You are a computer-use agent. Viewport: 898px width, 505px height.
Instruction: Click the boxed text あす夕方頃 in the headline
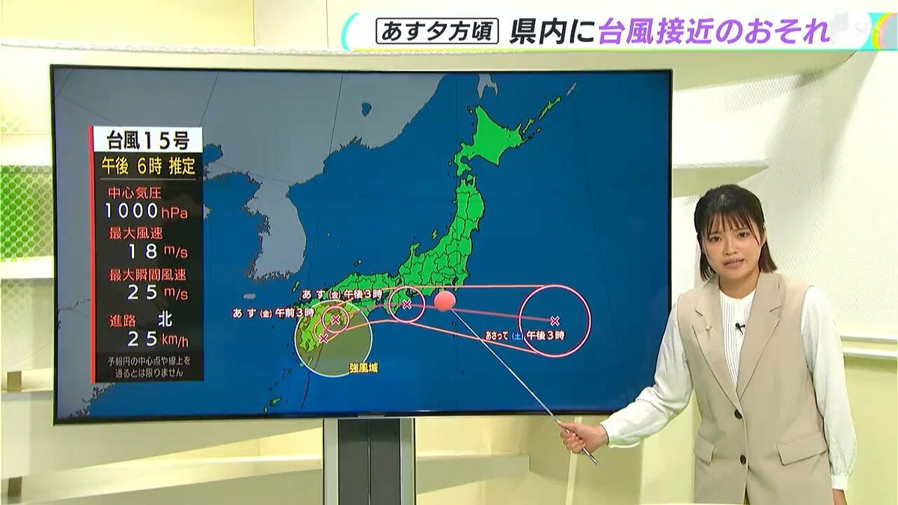[437, 31]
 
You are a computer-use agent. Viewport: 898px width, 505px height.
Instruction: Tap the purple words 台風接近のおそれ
[714, 32]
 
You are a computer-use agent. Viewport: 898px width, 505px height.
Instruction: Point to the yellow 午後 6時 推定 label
[147, 166]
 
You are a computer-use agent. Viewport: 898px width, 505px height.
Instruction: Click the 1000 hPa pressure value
[146, 211]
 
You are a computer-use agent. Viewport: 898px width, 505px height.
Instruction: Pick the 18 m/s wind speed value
[157, 251]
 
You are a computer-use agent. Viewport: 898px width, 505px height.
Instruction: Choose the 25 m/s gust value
[157, 292]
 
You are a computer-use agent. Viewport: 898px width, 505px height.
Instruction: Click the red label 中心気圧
[133, 192]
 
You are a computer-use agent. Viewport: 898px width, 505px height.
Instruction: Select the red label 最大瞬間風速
[146, 274]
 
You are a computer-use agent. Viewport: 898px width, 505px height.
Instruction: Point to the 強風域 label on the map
[363, 367]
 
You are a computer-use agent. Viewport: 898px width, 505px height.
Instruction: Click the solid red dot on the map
[444, 301]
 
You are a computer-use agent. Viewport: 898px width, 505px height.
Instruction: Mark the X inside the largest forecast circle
[555, 320]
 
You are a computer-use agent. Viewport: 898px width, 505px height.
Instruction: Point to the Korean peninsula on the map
[273, 224]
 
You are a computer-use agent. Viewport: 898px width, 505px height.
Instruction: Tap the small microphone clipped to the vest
[739, 327]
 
